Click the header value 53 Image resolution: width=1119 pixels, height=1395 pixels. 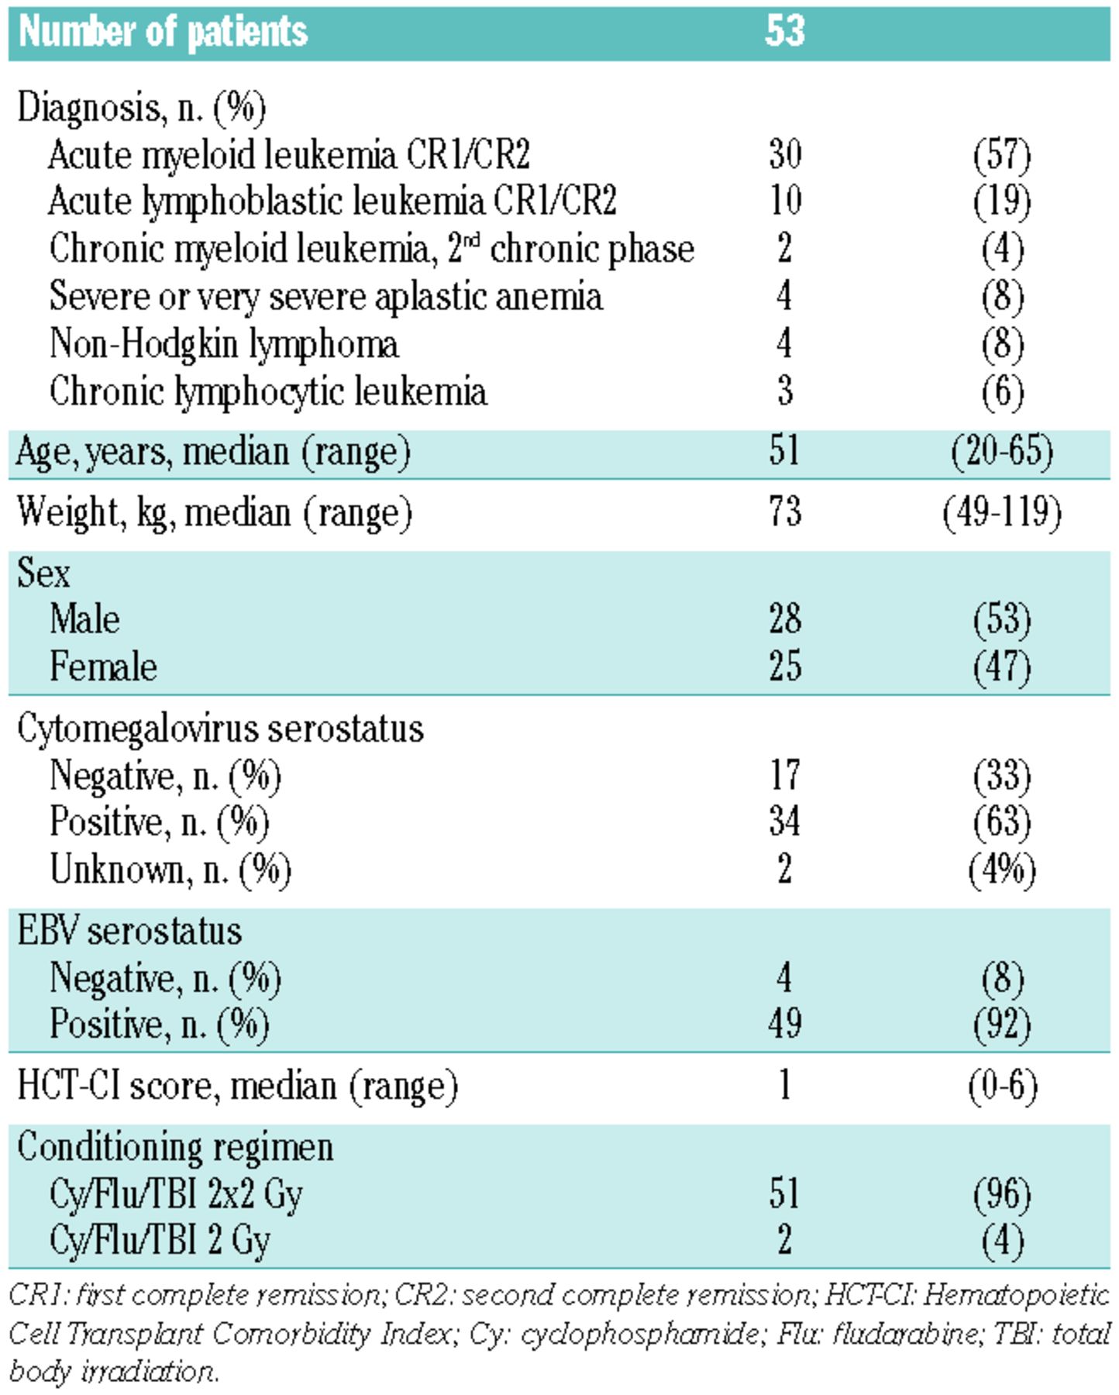(x=784, y=31)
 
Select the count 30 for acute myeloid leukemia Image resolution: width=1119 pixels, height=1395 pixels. (x=784, y=153)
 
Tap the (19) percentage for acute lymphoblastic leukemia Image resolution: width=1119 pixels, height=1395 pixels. (x=1001, y=201)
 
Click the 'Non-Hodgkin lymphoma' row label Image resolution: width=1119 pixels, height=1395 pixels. (x=224, y=343)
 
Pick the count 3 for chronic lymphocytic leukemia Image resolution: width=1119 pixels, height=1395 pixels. (x=784, y=391)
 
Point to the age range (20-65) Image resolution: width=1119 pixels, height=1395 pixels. (x=1001, y=451)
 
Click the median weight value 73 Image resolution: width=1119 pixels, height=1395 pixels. (x=784, y=512)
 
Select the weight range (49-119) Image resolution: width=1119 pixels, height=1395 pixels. (x=1001, y=512)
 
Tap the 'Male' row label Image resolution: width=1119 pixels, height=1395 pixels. (x=84, y=619)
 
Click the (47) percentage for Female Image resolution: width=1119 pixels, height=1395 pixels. (x=1001, y=666)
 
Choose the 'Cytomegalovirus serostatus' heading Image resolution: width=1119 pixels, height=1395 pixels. (x=220, y=728)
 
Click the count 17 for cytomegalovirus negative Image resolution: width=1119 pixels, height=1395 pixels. (x=784, y=775)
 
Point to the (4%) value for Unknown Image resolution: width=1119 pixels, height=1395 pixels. (x=1001, y=870)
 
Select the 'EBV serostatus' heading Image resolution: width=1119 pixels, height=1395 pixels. (x=129, y=931)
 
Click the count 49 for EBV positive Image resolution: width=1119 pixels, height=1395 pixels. (x=784, y=1024)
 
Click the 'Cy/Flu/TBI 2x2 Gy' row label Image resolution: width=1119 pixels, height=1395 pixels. (x=175, y=1193)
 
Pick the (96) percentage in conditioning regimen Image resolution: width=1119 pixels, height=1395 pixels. (x=1001, y=1193)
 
